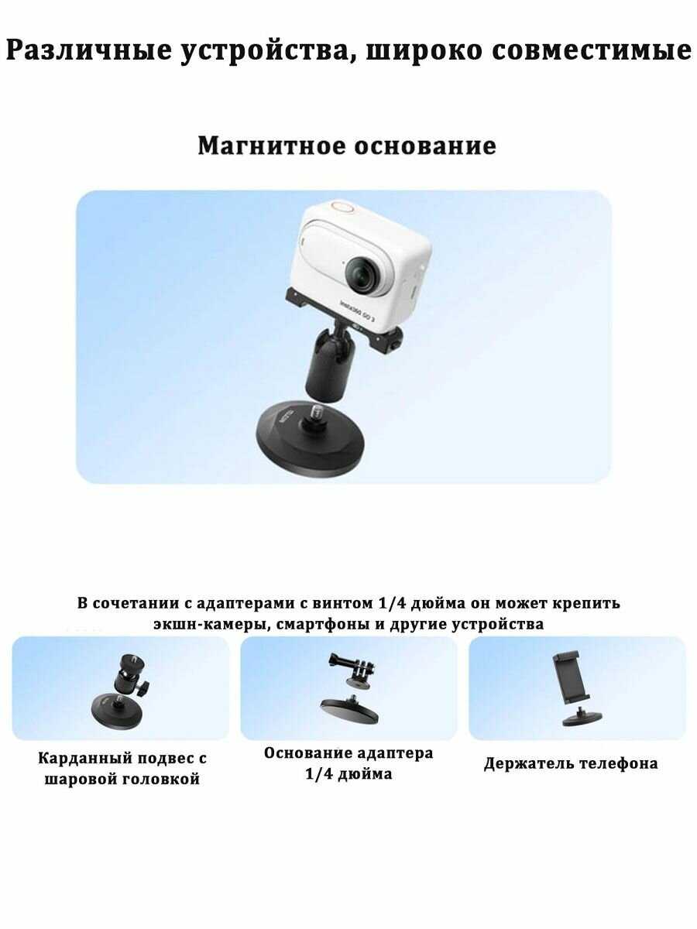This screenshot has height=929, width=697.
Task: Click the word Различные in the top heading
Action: [x=89, y=50]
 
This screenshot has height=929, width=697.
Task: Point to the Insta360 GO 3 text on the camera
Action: [x=358, y=310]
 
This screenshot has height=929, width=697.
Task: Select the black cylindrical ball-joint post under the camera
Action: [x=328, y=364]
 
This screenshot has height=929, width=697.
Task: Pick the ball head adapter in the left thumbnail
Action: [x=130, y=676]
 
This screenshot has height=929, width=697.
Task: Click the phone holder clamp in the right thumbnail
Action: [x=572, y=678]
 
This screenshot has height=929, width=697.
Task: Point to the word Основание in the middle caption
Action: [x=308, y=753]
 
